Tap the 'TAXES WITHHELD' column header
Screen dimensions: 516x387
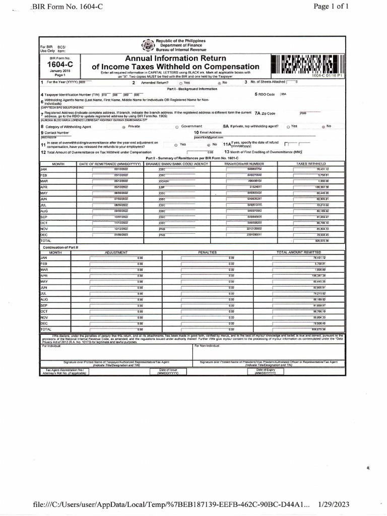tap(311, 164)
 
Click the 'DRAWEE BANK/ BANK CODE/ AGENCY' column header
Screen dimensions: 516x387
tap(176, 164)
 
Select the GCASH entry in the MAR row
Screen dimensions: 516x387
tap(164, 180)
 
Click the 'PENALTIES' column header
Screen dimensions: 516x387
tap(207, 252)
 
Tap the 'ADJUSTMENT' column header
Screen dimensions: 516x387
tap(116, 252)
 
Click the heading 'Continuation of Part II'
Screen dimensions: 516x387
tap(61, 247)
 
